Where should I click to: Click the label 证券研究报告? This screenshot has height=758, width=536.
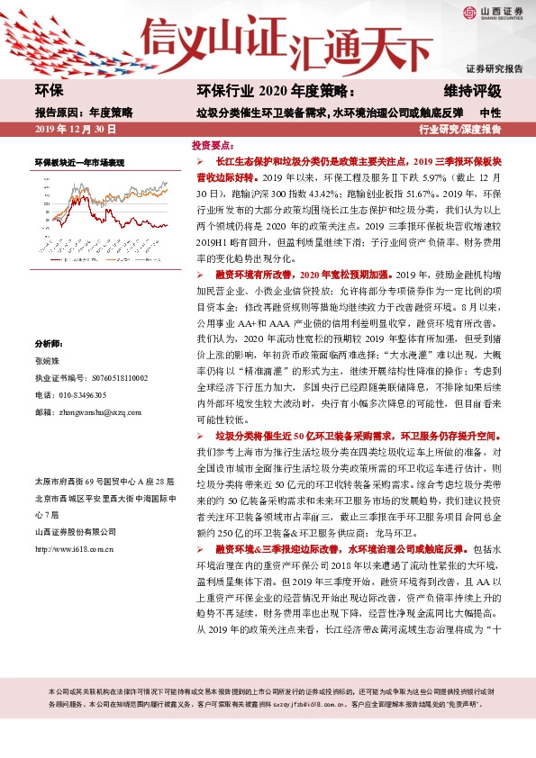[x=494, y=68]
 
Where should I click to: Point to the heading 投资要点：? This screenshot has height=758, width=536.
[x=214, y=144]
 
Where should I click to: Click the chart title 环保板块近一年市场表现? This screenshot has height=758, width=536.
[x=79, y=162]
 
